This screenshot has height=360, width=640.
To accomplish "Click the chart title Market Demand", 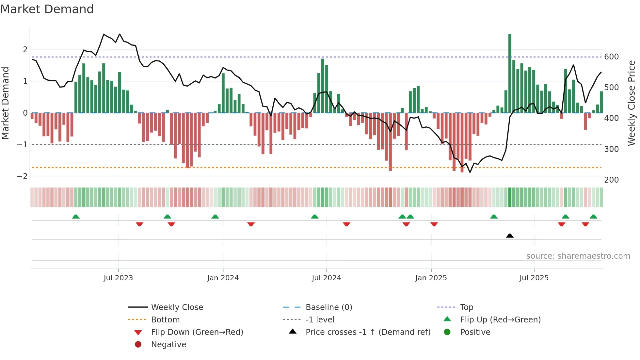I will (47, 9).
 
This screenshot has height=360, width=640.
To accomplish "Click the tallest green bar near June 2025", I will (510, 74).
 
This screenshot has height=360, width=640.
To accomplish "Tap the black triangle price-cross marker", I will (510, 236).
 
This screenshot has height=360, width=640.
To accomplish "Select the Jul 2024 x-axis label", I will (326, 278).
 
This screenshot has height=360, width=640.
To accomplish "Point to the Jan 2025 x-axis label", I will (431, 278).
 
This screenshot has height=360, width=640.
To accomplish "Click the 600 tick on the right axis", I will (611, 57).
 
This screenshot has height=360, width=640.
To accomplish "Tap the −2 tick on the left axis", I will (22, 176).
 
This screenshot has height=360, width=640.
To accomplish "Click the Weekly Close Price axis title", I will (632, 103).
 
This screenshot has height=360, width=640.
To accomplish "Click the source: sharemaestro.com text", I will (578, 256).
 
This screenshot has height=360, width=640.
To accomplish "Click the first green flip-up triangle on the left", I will (76, 217).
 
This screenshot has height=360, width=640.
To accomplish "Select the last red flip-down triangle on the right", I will (585, 224).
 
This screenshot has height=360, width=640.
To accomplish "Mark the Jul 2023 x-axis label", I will (118, 278).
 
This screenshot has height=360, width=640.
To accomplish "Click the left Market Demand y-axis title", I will (5, 103).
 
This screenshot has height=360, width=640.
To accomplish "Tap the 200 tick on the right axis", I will (611, 180).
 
